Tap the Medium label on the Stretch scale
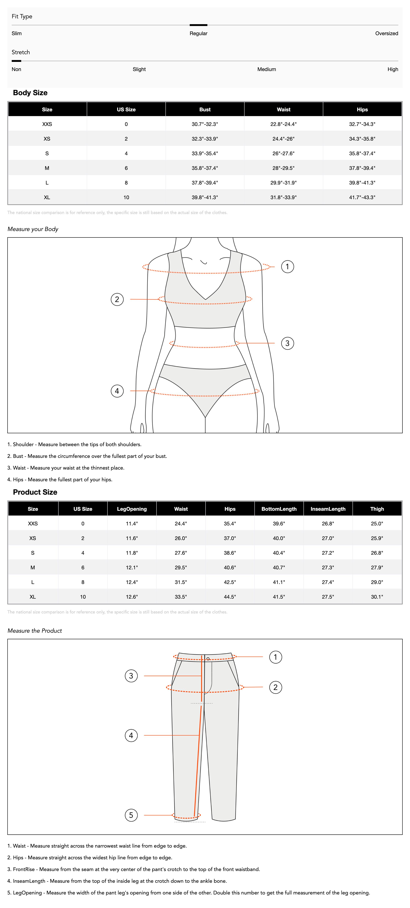(x=266, y=69)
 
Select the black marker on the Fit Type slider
(x=198, y=25)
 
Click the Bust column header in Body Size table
(x=205, y=110)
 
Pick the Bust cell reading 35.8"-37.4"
(x=205, y=168)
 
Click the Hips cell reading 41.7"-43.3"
(x=362, y=197)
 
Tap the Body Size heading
(x=30, y=93)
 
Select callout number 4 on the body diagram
(x=117, y=391)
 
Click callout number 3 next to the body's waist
(x=287, y=343)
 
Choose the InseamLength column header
(x=328, y=509)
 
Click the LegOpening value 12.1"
(x=132, y=567)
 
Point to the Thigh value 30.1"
(x=377, y=597)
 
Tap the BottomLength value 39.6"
(x=279, y=524)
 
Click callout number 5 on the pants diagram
(x=131, y=815)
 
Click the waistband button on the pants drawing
(x=208, y=658)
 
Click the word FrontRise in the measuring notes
(x=24, y=869)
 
